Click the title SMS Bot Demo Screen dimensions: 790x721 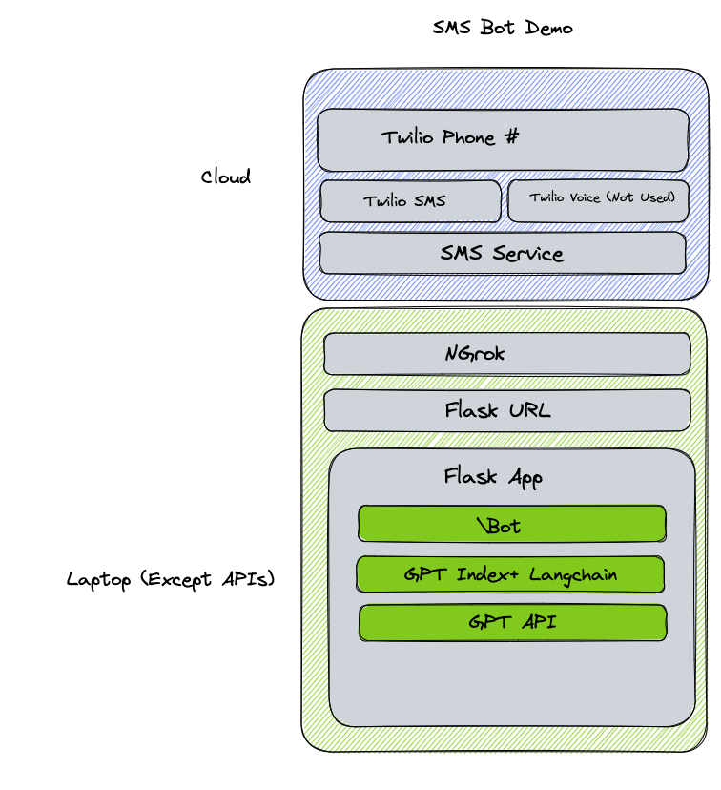click(503, 28)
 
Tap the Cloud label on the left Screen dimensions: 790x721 click(226, 177)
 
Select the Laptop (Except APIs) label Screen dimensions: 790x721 click(171, 579)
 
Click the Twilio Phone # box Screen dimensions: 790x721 click(503, 139)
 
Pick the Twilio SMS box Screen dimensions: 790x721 click(410, 201)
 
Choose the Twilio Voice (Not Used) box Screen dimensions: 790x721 click(598, 200)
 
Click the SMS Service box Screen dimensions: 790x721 click(503, 254)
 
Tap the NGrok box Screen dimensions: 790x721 click(506, 354)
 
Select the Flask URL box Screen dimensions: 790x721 click(506, 411)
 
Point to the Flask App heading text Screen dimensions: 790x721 click(493, 476)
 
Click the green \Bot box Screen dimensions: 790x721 click(511, 525)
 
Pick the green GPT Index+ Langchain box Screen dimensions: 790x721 click(510, 574)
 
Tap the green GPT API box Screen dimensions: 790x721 click(512, 623)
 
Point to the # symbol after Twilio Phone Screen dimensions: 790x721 click(512, 137)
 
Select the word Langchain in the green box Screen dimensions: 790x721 click(574, 574)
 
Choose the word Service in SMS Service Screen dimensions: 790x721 click(528, 254)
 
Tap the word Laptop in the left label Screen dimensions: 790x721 click(99, 579)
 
